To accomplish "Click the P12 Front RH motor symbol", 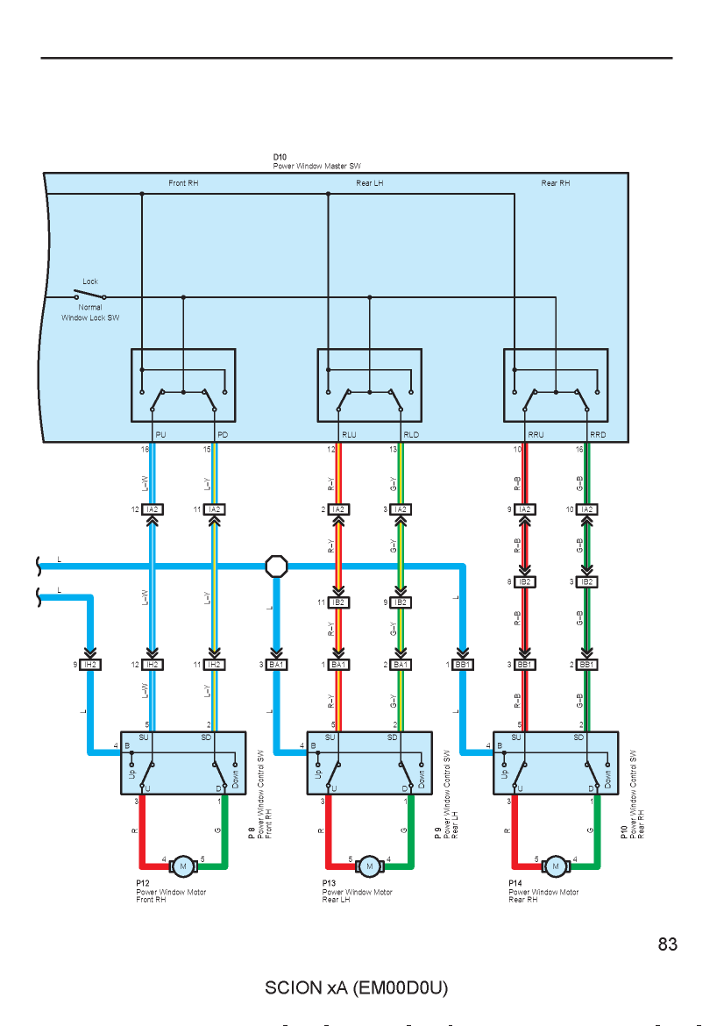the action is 183,866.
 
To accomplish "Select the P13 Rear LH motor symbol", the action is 370,866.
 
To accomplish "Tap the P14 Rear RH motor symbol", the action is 556,866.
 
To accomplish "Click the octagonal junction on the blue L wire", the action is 277,566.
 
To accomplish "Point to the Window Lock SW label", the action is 90,318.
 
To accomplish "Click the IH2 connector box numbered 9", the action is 90,665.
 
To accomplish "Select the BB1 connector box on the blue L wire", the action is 463,665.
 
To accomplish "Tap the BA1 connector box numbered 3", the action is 276,665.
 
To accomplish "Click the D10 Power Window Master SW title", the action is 316,161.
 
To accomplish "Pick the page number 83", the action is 667,944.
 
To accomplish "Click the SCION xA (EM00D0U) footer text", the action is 357,987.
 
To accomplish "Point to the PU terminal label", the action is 161,434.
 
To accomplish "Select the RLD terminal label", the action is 411,434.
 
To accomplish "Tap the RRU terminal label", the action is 536,434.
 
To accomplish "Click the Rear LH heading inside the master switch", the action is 370,183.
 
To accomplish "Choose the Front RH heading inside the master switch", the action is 183,183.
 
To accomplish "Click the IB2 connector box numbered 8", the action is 524,581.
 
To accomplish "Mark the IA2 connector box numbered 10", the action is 586,509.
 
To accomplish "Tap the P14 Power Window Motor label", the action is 543,891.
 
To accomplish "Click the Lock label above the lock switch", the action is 90,281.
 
